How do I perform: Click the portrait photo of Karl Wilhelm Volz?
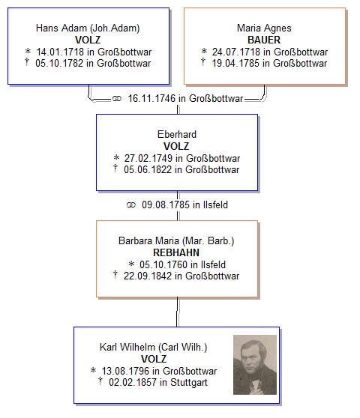[255, 365]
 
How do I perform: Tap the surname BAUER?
[264, 40]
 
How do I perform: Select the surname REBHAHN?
[176, 252]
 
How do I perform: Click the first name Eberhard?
[177, 134]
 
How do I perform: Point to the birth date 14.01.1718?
[60, 52]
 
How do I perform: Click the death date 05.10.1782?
[59, 63]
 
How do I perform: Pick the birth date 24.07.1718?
[236, 52]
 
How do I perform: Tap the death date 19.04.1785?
[235, 63]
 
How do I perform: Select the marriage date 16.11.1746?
[151, 98]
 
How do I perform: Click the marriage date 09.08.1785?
[166, 205]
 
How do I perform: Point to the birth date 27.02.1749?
[148, 158]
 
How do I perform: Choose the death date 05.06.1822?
[148, 169]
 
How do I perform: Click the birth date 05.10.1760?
[163, 264]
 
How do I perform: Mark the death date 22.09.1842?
[147, 276]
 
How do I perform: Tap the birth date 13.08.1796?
[125, 371]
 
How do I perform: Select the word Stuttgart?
[189, 382]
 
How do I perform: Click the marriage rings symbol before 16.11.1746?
[116, 99]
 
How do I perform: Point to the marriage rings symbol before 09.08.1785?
[131, 205]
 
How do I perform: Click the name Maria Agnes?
[264, 28]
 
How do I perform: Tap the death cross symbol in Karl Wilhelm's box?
[100, 381]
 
